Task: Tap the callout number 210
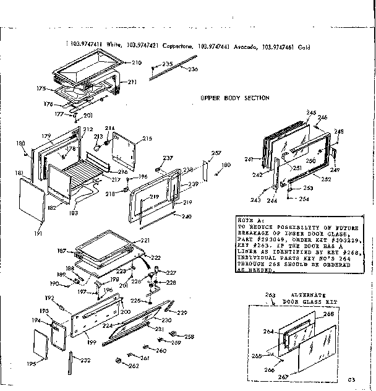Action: click(137, 63)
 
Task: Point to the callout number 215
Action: click(147, 139)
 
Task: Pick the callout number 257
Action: click(216, 153)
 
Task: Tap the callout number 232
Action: click(85, 361)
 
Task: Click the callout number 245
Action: click(310, 112)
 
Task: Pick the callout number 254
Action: click(303, 199)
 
